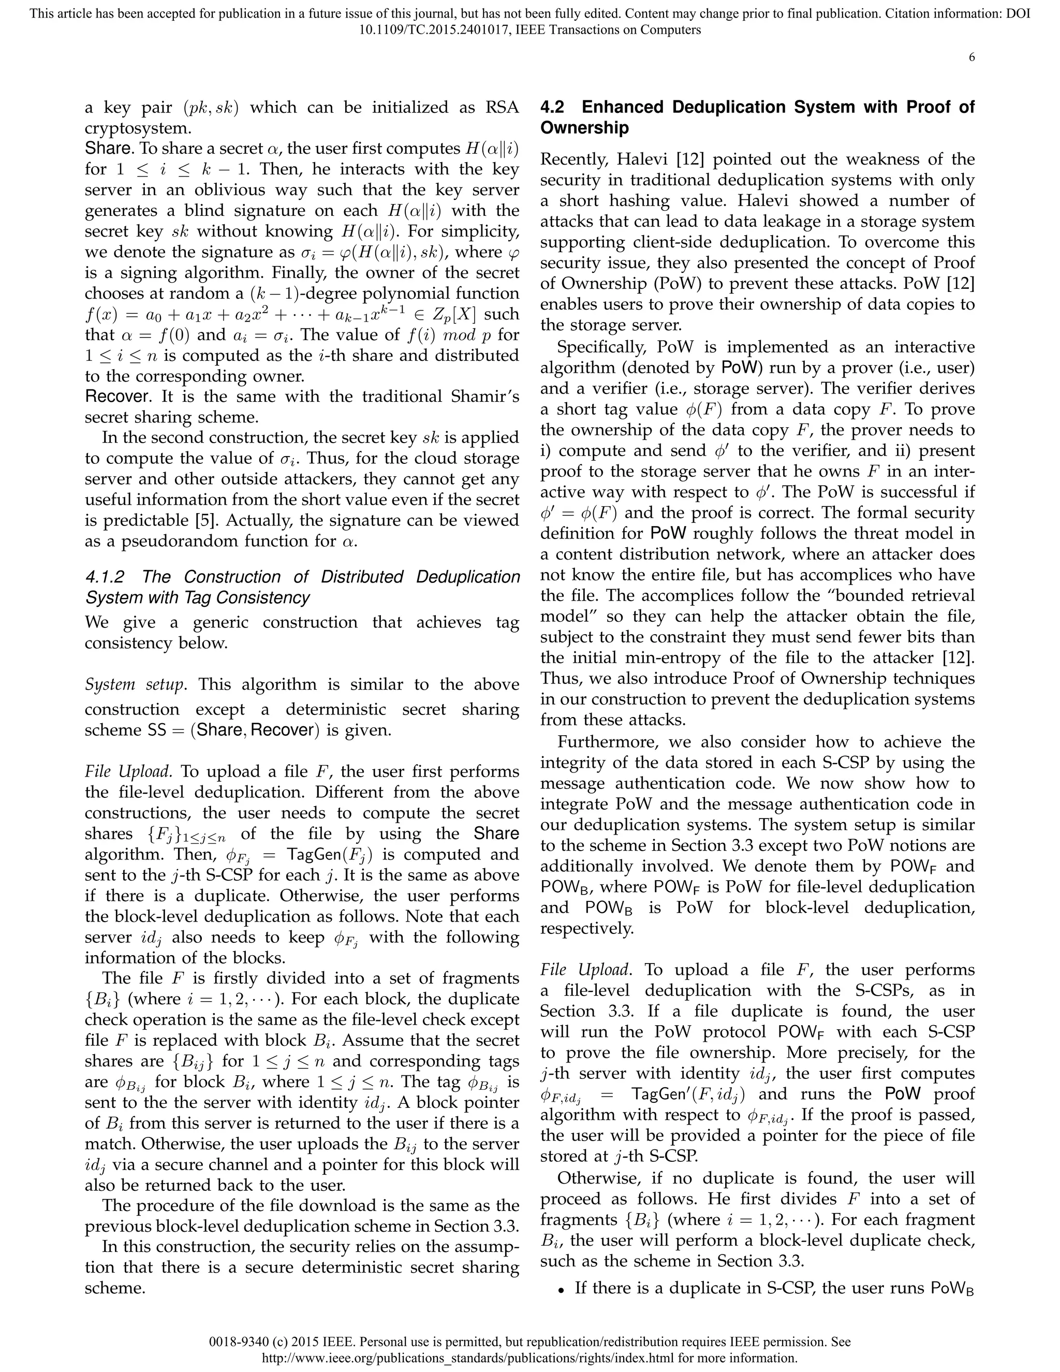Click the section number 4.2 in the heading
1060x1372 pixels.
click(556, 107)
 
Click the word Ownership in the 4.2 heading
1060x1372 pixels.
click(584, 128)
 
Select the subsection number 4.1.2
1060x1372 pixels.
click(105, 577)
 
